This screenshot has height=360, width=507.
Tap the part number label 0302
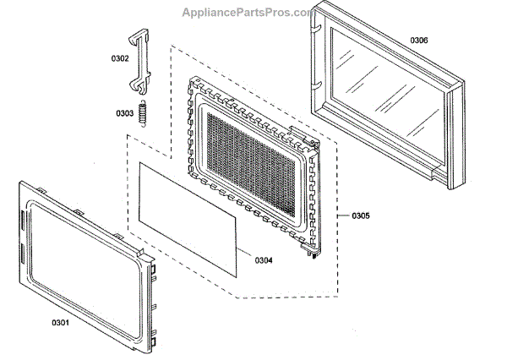(x=120, y=58)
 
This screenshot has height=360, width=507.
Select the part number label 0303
(x=125, y=112)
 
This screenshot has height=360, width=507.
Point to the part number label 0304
(x=264, y=260)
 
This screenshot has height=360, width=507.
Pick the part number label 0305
(x=360, y=215)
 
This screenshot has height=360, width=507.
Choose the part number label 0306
(x=419, y=41)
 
